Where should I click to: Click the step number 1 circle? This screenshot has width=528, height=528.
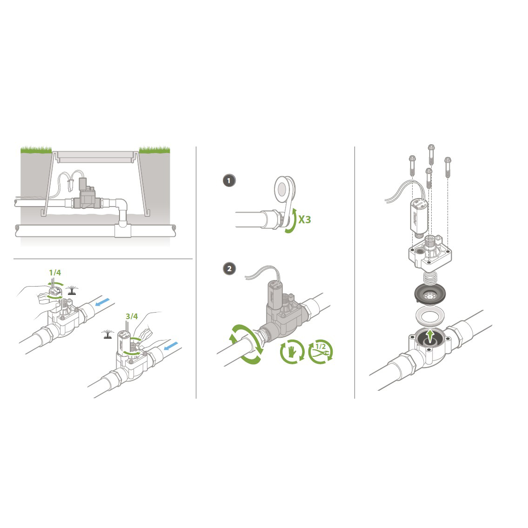coord(229,180)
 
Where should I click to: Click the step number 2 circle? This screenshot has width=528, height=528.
coord(229,269)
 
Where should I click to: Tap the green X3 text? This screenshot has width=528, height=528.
coord(304,220)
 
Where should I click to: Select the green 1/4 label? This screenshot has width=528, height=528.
coord(55,273)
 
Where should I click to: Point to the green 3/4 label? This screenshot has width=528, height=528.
coord(132,316)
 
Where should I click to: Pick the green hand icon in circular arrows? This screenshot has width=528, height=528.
coord(292,352)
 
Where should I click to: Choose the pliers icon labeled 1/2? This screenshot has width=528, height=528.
coord(321,352)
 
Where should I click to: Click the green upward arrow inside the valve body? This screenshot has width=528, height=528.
coord(429,336)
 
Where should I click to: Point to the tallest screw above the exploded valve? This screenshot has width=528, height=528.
coord(431,154)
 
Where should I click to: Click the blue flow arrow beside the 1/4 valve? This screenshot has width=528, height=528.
coord(102,302)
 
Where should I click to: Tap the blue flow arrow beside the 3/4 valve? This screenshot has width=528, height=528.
coord(171,346)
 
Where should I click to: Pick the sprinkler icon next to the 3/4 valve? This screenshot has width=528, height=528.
coord(107,334)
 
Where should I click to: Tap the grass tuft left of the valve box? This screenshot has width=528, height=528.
coord(36,149)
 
